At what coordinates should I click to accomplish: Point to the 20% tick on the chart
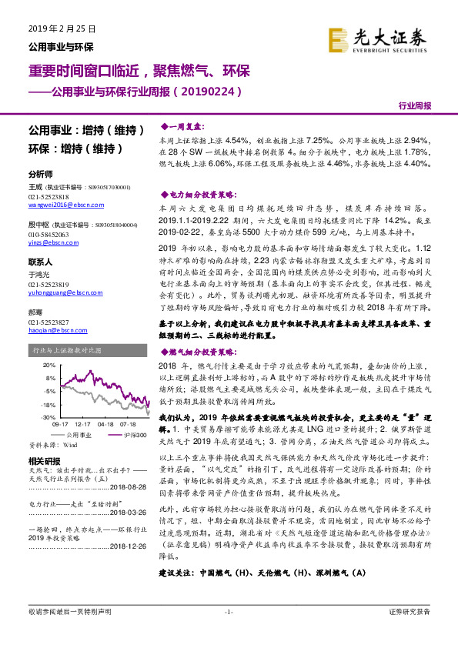(48, 365)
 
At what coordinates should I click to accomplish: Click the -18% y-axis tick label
(47, 403)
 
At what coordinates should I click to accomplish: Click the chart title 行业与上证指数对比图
(69, 350)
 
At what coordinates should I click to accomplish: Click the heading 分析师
(40, 174)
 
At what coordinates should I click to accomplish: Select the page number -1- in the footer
(228, 633)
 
